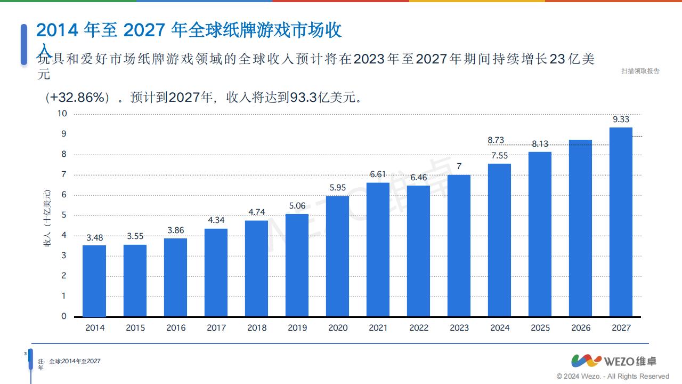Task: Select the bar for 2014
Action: click(x=94, y=281)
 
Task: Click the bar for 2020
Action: click(x=337, y=256)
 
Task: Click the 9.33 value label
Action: click(x=621, y=119)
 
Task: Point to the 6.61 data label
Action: click(x=378, y=174)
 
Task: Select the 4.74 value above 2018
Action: click(x=256, y=212)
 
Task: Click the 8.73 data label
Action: click(x=496, y=140)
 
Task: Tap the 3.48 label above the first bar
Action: click(x=94, y=237)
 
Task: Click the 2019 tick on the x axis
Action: click(x=297, y=328)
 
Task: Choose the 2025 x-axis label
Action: click(x=540, y=328)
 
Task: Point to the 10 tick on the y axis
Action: click(x=62, y=114)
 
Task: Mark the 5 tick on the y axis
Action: click(x=64, y=215)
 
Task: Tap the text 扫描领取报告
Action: click(x=640, y=71)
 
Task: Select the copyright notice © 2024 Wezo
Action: click(x=612, y=376)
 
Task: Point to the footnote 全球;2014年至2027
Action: click(x=75, y=361)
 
